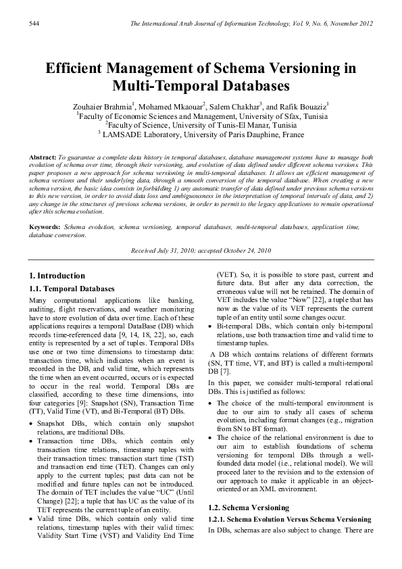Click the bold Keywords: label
tap(45, 221)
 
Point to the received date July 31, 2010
tap(178, 250)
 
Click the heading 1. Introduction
tap(58, 276)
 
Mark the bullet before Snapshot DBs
tap(34, 424)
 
